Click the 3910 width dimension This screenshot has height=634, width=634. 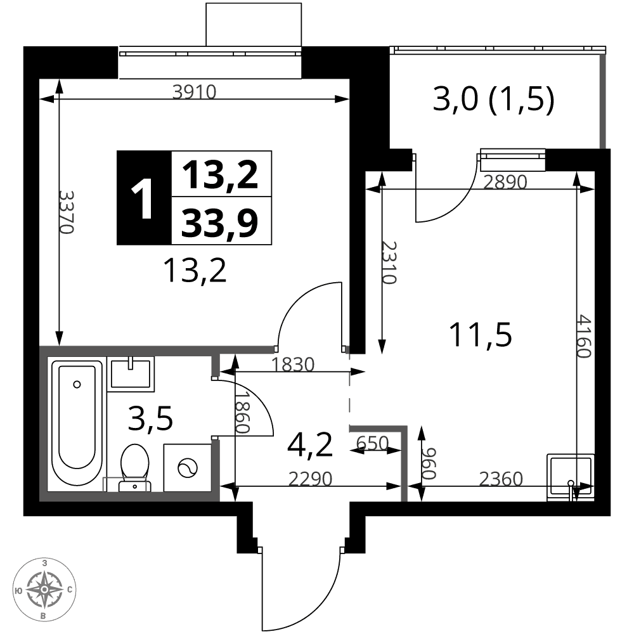coord(195,92)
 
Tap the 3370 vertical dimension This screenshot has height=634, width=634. coord(66,212)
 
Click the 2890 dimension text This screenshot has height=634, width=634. coord(505,182)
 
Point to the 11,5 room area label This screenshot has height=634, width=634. coord(480,334)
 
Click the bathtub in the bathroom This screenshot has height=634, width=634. coord(77,422)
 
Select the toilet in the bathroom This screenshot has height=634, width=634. coord(135,468)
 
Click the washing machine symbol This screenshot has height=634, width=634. coord(188,468)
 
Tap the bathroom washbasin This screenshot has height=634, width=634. coord(131,373)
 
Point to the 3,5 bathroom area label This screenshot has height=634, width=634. coord(150,418)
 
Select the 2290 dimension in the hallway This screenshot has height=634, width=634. coord(310,479)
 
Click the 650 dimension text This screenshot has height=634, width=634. coord(372,443)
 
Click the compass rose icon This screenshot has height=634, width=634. coord(44,589)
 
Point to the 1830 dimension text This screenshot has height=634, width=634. coord(292,365)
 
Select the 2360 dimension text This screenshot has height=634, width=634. coord(501,479)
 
